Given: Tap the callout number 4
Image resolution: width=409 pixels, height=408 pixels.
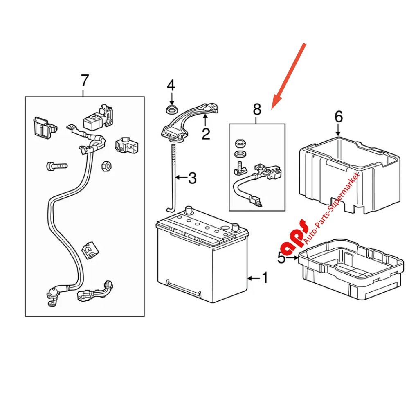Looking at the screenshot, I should (171, 86).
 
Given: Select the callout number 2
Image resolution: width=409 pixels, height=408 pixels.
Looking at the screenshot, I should (205, 133).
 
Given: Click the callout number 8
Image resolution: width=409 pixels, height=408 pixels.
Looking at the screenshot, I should (256, 109).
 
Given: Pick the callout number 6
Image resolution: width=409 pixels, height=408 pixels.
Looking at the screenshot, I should (338, 117).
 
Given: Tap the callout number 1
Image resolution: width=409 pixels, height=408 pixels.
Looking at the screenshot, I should (264, 278).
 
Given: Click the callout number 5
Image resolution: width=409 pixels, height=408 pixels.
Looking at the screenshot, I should (281, 258).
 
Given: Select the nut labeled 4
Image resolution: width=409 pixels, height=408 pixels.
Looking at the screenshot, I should (170, 109).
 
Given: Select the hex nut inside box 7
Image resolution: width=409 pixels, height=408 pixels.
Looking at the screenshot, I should (106, 166).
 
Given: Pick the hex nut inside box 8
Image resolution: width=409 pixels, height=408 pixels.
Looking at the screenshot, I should (240, 144).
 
